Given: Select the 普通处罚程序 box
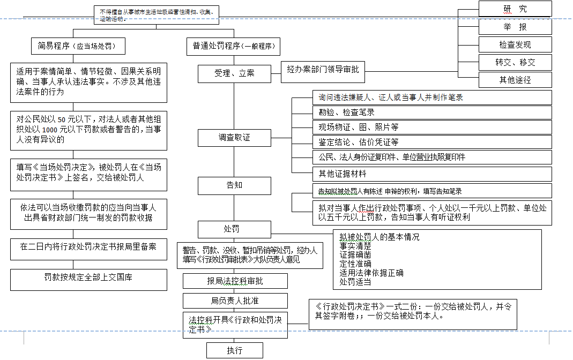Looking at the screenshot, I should point(233,46).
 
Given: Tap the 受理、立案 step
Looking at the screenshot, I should point(234,73).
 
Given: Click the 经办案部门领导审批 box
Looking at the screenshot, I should point(323,70).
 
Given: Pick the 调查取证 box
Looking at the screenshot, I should point(234,138).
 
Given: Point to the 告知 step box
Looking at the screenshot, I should point(234,185).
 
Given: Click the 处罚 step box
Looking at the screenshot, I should point(234,229).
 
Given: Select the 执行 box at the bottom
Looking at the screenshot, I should point(234,350).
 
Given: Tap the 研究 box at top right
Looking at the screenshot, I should point(515,9).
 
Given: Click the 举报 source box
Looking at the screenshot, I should point(515,27).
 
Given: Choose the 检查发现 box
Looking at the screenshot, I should point(515,44).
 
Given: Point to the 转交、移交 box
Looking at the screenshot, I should point(515,62).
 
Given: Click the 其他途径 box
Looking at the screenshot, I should point(515,80).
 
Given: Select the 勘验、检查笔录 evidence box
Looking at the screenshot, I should point(431,112).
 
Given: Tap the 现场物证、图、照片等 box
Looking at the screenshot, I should point(431,127).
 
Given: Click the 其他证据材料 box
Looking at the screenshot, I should point(431,174).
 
